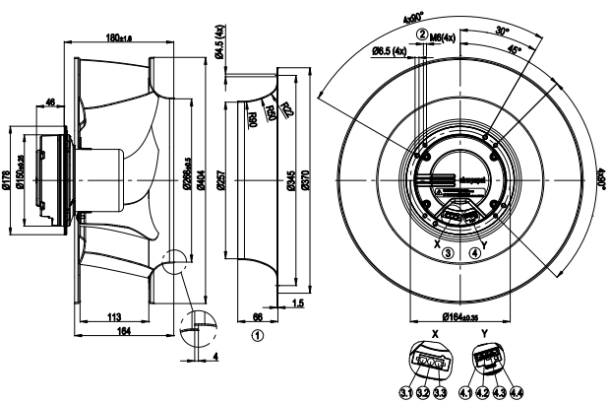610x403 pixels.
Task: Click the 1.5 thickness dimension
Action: click(x=297, y=304)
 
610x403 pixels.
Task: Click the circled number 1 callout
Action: click(x=258, y=334)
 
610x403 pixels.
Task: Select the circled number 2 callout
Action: click(x=421, y=34)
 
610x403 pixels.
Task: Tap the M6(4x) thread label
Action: click(x=444, y=34)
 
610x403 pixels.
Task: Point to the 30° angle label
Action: click(x=502, y=31)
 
